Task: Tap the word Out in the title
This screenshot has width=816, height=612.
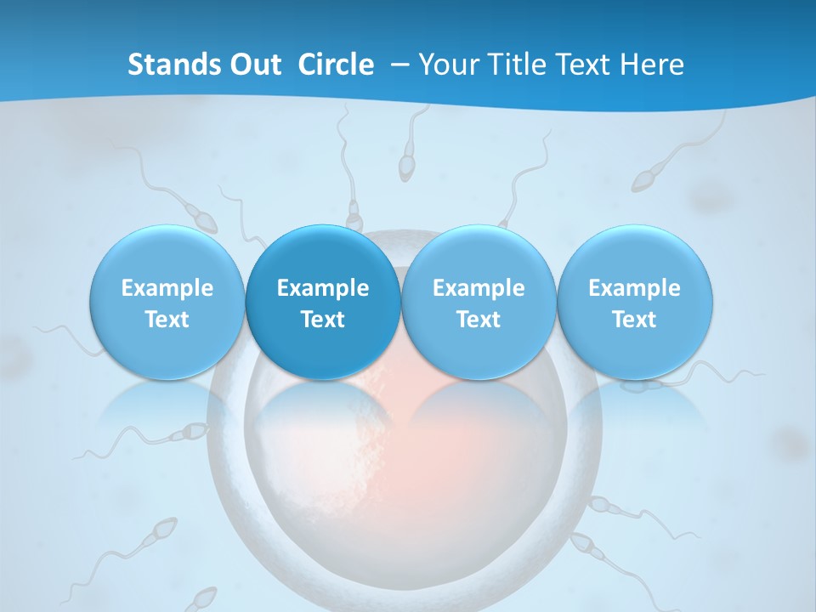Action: click(252, 65)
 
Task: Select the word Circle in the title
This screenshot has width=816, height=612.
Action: click(336, 65)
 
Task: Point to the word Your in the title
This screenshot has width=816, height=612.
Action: click(448, 65)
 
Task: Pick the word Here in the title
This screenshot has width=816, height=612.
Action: click(653, 65)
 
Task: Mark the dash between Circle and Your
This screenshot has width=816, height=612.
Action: click(399, 65)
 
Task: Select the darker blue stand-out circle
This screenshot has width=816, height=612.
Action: click(323, 303)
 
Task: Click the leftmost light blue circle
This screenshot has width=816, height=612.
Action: click(167, 303)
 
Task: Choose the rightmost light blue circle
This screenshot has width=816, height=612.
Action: click(635, 303)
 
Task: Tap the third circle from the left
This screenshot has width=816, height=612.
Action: click(479, 303)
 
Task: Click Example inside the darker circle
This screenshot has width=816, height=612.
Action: click(323, 288)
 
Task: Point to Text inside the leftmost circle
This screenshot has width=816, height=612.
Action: click(167, 320)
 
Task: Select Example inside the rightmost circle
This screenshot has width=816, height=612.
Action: click(635, 288)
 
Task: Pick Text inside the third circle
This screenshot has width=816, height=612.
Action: click(479, 320)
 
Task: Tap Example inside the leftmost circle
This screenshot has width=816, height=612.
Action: click(167, 288)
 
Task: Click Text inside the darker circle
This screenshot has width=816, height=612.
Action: click(323, 320)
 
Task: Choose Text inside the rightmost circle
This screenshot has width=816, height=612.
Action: click(635, 320)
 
